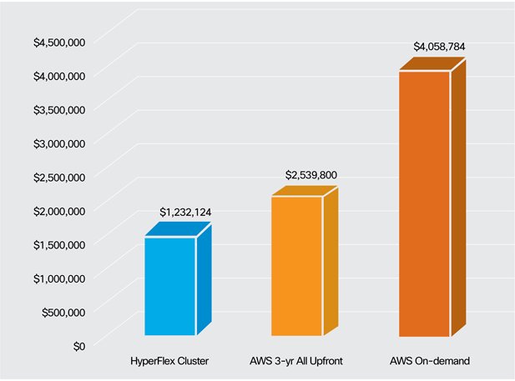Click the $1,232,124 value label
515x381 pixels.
pos(184,213)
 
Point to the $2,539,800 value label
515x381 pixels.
pos(311,175)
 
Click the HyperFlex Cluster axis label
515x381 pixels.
pos(170,362)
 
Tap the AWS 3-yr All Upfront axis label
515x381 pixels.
pos(298,362)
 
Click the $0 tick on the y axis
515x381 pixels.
pos(78,345)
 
